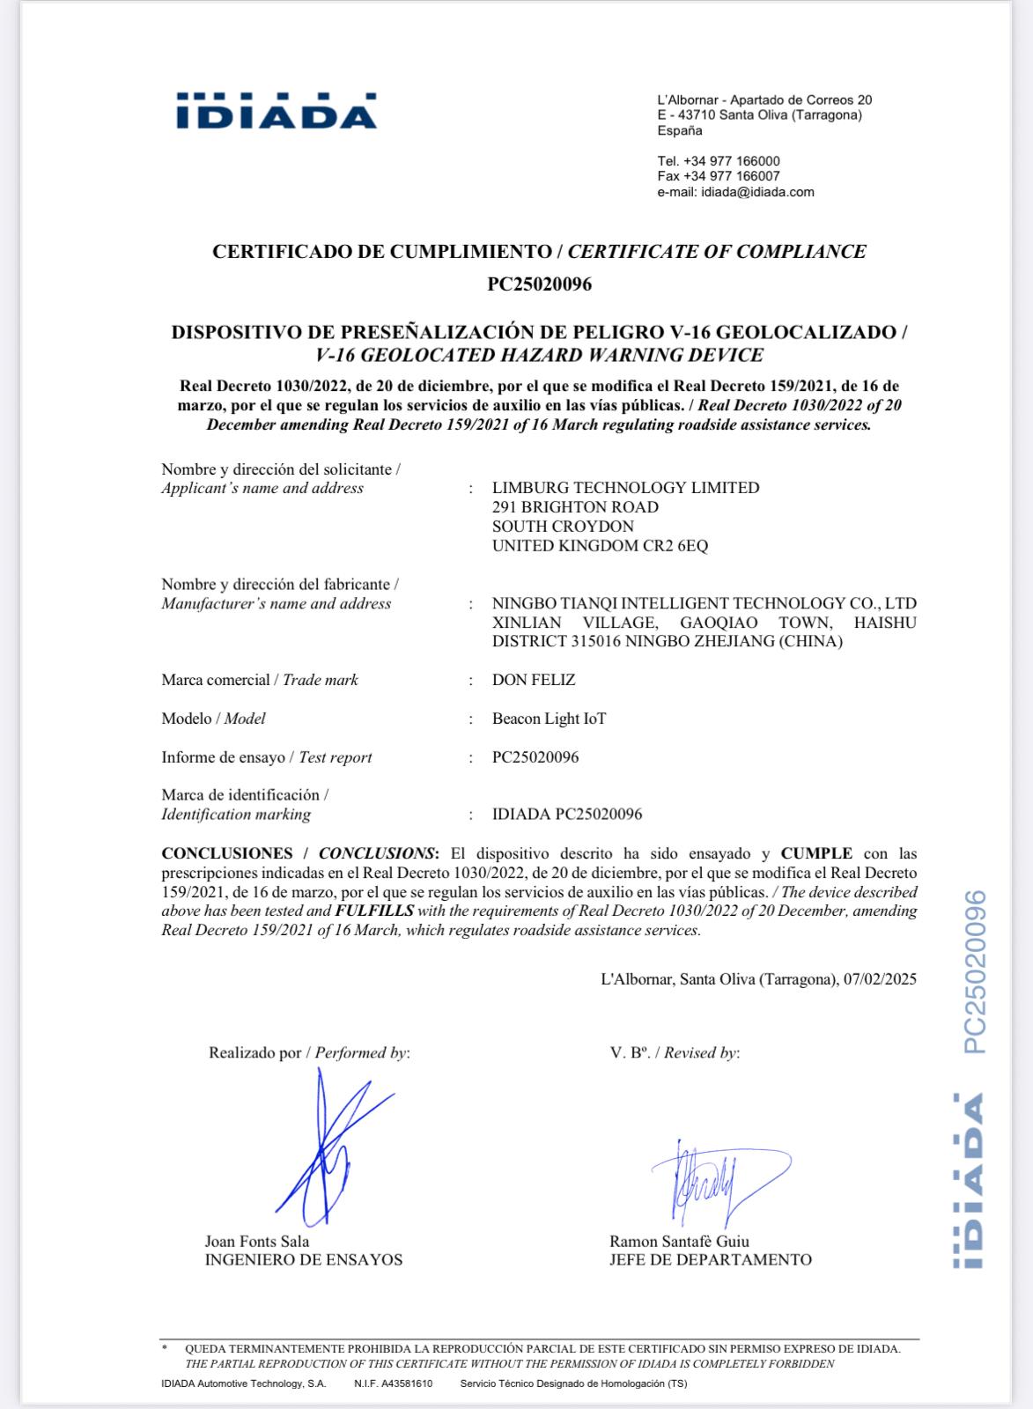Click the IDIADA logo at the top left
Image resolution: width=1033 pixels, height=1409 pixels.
coord(277,111)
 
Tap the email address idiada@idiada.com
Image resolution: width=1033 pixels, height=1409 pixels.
coord(757,192)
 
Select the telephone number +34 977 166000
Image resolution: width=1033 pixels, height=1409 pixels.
coord(731,161)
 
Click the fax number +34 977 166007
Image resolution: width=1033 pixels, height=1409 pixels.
coord(731,176)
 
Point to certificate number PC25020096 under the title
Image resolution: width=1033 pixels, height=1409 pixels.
coord(539,284)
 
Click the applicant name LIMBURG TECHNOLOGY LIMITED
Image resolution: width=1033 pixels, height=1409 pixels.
coord(625,488)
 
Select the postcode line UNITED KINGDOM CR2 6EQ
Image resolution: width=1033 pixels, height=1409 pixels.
coord(600,546)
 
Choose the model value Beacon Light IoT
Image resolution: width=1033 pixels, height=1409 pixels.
coord(549,719)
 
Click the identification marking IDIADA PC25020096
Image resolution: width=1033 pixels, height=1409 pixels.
coord(567,815)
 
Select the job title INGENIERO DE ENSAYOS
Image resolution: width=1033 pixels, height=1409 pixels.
coord(303,1260)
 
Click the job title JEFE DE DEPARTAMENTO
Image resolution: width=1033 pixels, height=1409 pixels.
coord(710,1260)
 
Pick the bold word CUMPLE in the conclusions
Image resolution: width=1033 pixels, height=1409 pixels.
coord(816,853)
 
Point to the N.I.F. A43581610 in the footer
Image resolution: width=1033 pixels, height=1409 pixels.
coord(393,1383)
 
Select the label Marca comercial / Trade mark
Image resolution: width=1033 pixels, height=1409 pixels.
coord(260,680)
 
